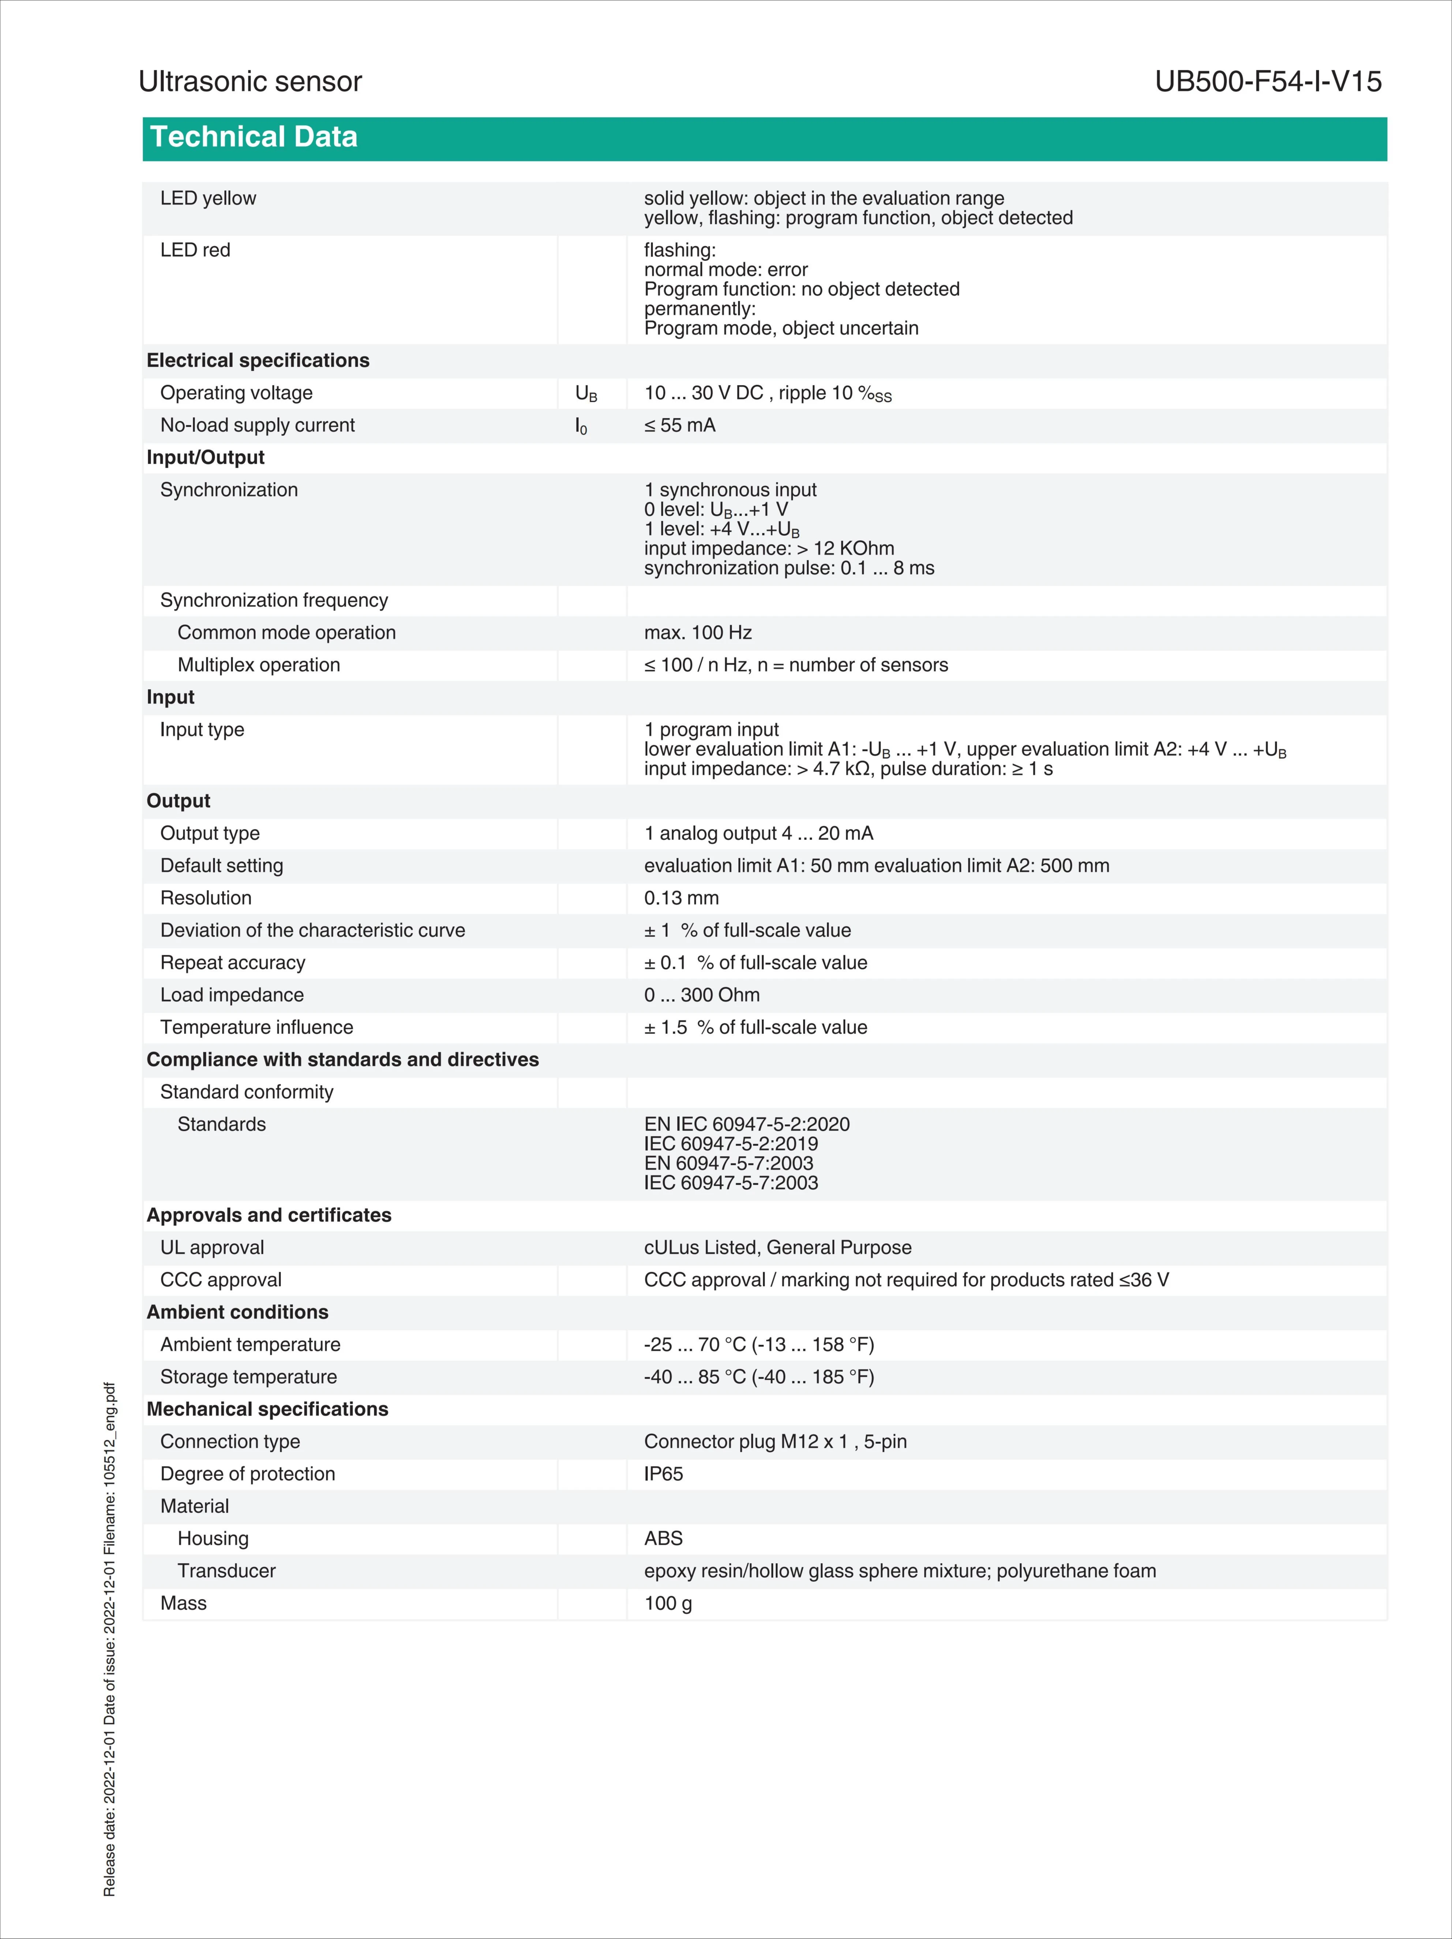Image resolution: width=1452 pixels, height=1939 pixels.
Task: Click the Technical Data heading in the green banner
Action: (x=254, y=138)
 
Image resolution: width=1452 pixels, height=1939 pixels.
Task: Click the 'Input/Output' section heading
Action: (x=205, y=457)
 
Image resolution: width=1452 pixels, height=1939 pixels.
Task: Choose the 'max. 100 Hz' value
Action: (x=698, y=633)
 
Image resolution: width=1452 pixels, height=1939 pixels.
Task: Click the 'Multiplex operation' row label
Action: (x=259, y=665)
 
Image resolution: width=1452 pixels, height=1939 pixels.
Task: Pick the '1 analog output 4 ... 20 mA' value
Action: (x=758, y=834)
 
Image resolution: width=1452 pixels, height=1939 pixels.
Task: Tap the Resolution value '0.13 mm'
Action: (x=681, y=898)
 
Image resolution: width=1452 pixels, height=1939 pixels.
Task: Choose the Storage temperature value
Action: (x=759, y=1377)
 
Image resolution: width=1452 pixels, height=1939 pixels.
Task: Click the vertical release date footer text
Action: (x=109, y=1639)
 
